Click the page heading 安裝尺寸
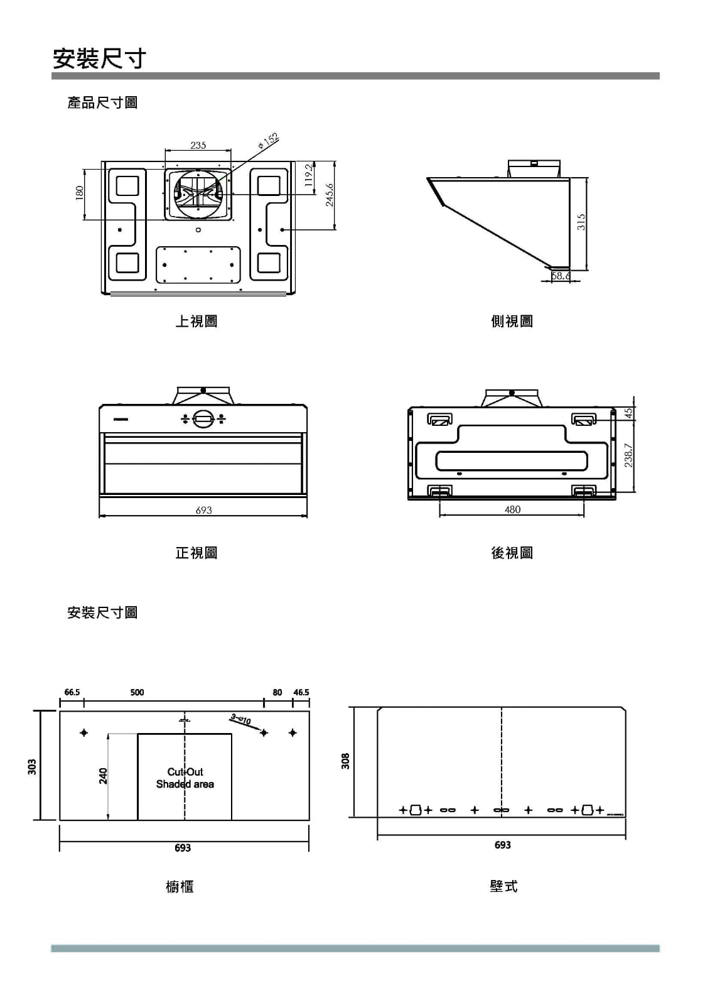(x=99, y=58)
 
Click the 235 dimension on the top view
(x=198, y=145)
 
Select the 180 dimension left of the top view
(x=79, y=193)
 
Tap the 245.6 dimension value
(x=330, y=195)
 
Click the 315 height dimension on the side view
(x=581, y=222)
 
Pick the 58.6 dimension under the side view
(x=561, y=276)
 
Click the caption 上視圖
(x=196, y=321)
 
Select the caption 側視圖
(x=512, y=321)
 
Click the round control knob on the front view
(x=203, y=419)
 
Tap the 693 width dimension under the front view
(x=203, y=510)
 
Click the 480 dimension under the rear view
(x=512, y=509)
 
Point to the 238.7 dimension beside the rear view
(x=628, y=455)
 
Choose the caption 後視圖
(x=512, y=553)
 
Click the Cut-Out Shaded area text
(x=185, y=778)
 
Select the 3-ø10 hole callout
(x=240, y=719)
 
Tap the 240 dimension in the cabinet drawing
(x=103, y=776)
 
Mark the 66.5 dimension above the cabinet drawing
(x=72, y=692)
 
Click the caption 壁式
(x=503, y=886)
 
